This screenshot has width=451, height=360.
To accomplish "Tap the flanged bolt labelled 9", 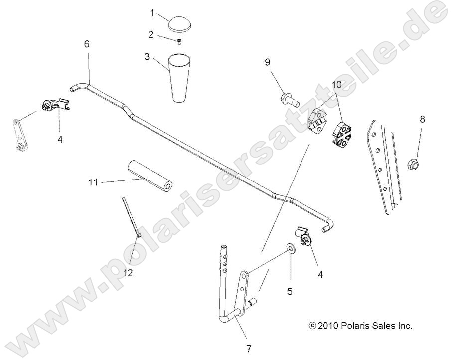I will point(289,98).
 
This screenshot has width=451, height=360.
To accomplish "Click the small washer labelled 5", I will point(290,248).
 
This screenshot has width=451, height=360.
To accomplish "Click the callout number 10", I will point(336,85).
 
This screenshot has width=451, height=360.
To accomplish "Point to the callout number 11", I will point(94,182).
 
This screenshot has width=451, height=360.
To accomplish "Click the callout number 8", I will point(422,119).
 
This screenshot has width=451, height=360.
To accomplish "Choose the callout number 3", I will point(147,57).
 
